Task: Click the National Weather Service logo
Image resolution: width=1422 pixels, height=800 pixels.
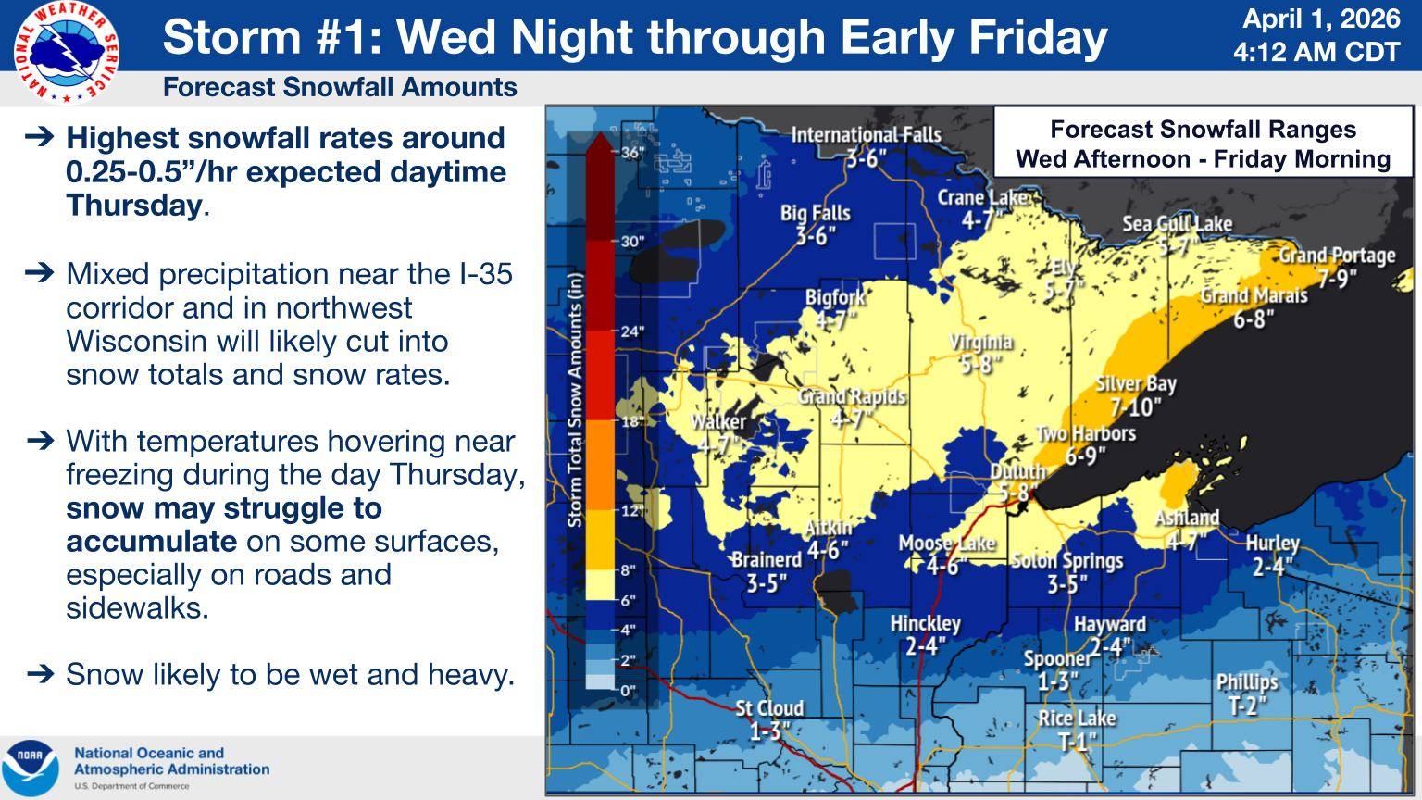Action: tap(66, 51)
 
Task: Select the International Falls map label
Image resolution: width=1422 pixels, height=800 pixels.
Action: tap(866, 145)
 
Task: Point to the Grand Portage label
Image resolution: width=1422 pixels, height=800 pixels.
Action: tap(1337, 266)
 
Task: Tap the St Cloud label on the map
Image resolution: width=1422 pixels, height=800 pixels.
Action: tap(769, 719)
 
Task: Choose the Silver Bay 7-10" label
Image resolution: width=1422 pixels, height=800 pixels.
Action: tap(1135, 395)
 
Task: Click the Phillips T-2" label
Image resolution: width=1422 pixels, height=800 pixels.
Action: tap(1247, 694)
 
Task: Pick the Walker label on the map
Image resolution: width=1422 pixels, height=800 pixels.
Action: tap(717, 432)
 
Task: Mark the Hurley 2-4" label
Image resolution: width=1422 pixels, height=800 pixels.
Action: tap(1272, 555)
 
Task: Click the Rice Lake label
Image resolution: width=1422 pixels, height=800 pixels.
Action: tap(1077, 729)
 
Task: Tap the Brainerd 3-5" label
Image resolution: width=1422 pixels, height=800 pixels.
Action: tap(766, 570)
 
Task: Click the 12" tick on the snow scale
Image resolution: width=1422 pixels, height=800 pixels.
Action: tap(633, 511)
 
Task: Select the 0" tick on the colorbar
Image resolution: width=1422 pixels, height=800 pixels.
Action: tap(628, 690)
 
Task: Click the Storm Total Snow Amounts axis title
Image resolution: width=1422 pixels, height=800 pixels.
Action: tap(575, 399)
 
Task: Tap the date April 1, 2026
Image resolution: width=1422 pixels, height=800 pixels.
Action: tap(1320, 19)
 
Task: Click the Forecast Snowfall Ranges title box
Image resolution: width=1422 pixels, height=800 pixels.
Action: tap(1203, 144)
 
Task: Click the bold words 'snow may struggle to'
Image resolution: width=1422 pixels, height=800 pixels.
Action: tap(223, 507)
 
